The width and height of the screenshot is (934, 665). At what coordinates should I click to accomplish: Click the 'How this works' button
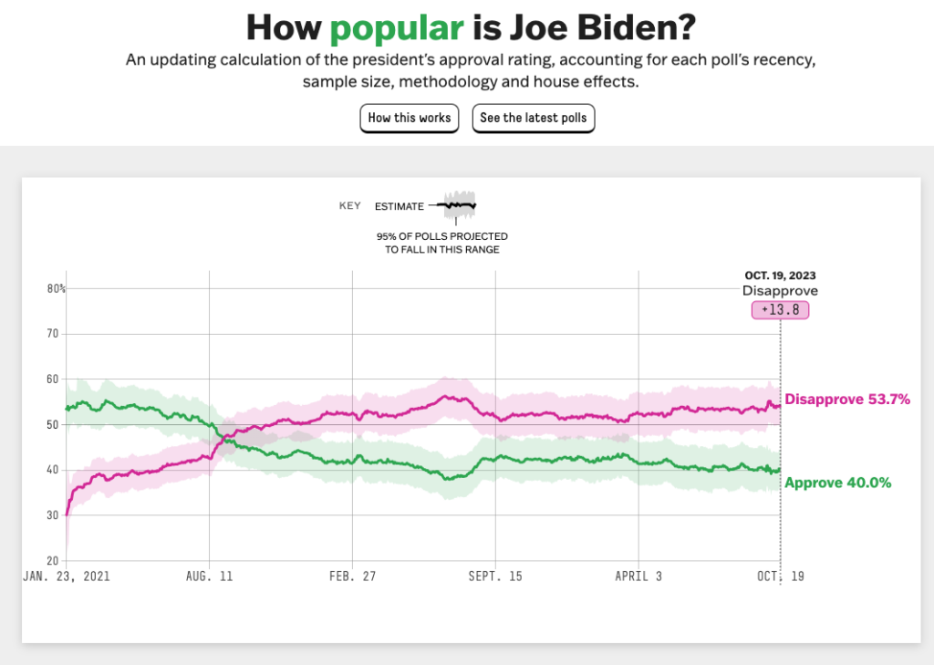pos(410,118)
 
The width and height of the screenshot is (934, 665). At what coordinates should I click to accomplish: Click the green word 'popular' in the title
pos(396,27)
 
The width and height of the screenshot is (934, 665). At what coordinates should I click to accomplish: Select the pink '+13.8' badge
pos(780,310)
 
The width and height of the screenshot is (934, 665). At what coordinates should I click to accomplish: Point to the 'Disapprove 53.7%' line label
pos(847,400)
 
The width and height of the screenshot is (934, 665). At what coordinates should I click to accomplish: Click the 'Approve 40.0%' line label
pos(838,483)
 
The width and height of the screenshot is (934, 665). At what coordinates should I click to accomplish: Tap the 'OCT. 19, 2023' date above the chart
pos(780,275)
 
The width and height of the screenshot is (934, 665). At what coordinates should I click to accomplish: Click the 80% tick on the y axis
pos(57,289)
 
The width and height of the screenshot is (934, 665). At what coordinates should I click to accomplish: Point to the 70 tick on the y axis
pos(53,334)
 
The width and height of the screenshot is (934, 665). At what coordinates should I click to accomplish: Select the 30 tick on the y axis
pos(53,515)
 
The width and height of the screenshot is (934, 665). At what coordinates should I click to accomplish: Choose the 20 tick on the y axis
pos(53,560)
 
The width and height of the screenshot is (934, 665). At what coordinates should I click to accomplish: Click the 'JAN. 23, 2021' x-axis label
pos(66,577)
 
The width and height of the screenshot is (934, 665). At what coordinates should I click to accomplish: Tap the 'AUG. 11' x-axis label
pos(209,577)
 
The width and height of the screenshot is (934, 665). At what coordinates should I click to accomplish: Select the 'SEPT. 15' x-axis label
pos(494,577)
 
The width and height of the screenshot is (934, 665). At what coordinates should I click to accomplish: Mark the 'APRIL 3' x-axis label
pos(638,577)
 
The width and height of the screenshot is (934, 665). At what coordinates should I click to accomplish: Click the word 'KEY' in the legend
pos(350,206)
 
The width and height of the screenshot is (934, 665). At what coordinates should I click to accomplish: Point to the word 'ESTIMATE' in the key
pos(400,207)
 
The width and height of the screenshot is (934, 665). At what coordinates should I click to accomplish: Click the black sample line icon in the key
pos(458,205)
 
